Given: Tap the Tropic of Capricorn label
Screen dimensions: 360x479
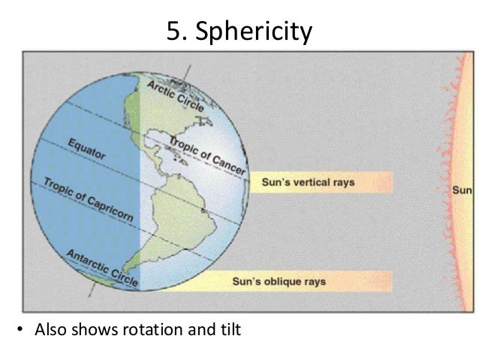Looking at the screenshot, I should pyautogui.click(x=88, y=199).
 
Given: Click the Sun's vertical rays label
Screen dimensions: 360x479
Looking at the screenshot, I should pyautogui.click(x=298, y=182).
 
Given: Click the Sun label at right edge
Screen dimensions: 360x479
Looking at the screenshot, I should pyautogui.click(x=462, y=189).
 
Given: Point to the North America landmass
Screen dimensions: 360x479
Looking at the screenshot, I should pyautogui.click(x=161, y=132).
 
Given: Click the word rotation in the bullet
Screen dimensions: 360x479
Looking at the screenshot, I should pyautogui.click(x=150, y=330).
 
